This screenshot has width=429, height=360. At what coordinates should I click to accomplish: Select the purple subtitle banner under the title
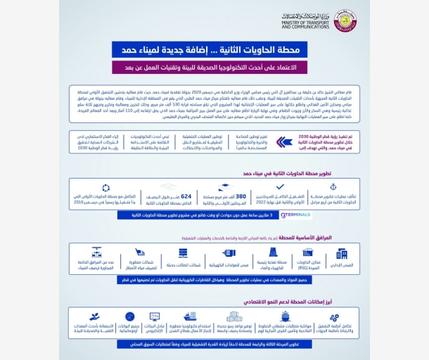(x=214, y=67)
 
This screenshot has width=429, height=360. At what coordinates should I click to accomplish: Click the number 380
(x=240, y=197)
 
